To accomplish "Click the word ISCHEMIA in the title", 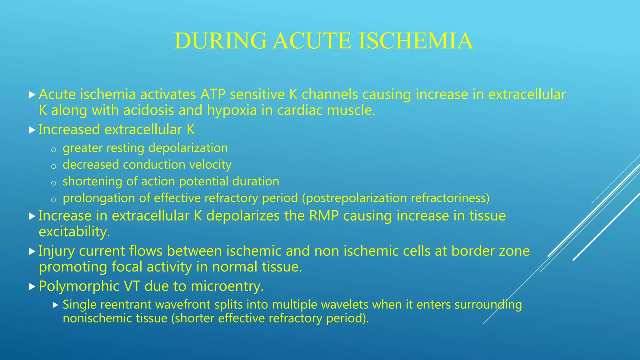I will click(x=415, y=41).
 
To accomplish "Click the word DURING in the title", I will click(x=220, y=41).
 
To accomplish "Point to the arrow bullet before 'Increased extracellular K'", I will click(x=32, y=130).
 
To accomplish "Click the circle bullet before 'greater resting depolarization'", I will click(x=53, y=150).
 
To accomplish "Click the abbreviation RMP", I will click(x=324, y=216).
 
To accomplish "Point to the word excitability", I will click(x=74, y=232).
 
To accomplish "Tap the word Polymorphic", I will click(x=79, y=286).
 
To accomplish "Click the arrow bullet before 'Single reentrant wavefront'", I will click(x=56, y=305).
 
